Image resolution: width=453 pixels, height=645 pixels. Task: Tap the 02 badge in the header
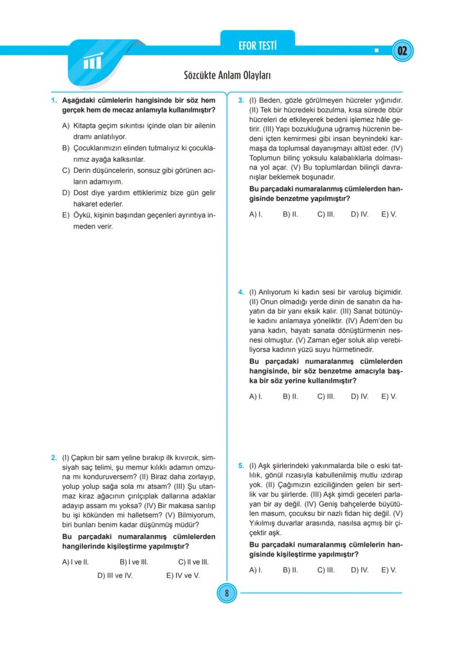pyautogui.click(x=403, y=51)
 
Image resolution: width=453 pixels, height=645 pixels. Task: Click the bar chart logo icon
pyautogui.click(x=92, y=62)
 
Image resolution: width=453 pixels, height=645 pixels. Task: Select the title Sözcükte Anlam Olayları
pyautogui.click(x=227, y=75)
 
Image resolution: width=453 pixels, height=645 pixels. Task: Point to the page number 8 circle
pyautogui.click(x=226, y=593)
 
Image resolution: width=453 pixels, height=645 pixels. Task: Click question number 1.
pyautogui.click(x=54, y=101)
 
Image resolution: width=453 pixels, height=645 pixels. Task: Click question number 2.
pyautogui.click(x=54, y=458)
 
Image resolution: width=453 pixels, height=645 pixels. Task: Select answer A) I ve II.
pyautogui.click(x=75, y=561)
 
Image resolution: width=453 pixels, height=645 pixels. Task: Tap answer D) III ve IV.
pyautogui.click(x=115, y=575)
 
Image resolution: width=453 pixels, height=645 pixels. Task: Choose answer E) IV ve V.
pyautogui.click(x=183, y=575)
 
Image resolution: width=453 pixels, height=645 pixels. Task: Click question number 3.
pyautogui.click(x=241, y=101)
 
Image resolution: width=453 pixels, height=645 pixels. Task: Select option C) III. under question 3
pyautogui.click(x=326, y=214)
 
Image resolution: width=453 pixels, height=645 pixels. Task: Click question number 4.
pyautogui.click(x=241, y=292)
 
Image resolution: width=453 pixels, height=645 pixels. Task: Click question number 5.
pyautogui.click(x=241, y=466)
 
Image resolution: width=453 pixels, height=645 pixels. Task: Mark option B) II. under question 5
pyautogui.click(x=290, y=570)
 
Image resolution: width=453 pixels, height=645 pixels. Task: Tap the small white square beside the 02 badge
pyautogui.click(x=376, y=51)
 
